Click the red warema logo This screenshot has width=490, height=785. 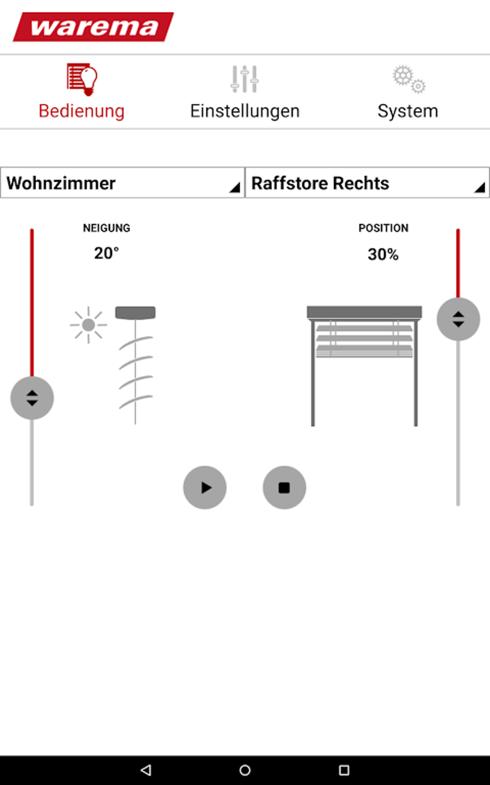click(x=93, y=27)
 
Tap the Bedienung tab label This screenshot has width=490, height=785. click(x=82, y=111)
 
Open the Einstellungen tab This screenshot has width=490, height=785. click(x=245, y=111)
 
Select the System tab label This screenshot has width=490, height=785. click(x=407, y=111)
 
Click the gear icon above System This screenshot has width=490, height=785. click(x=408, y=79)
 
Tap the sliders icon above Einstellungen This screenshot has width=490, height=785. click(x=245, y=79)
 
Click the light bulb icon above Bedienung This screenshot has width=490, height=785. click(x=82, y=79)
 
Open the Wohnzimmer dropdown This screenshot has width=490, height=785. click(x=122, y=183)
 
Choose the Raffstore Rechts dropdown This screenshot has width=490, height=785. click(x=367, y=183)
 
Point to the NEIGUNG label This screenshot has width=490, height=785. click(x=107, y=228)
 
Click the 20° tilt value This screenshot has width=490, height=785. click(x=106, y=253)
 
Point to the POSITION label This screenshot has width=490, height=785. click(x=383, y=228)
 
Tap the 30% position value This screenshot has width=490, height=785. click(x=383, y=254)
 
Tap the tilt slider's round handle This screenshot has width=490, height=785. click(x=32, y=398)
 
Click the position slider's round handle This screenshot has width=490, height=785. click(x=458, y=319)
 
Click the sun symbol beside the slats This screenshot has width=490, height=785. click(x=88, y=325)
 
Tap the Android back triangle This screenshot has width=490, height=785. click(x=146, y=770)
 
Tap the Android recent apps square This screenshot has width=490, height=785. click(x=344, y=770)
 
